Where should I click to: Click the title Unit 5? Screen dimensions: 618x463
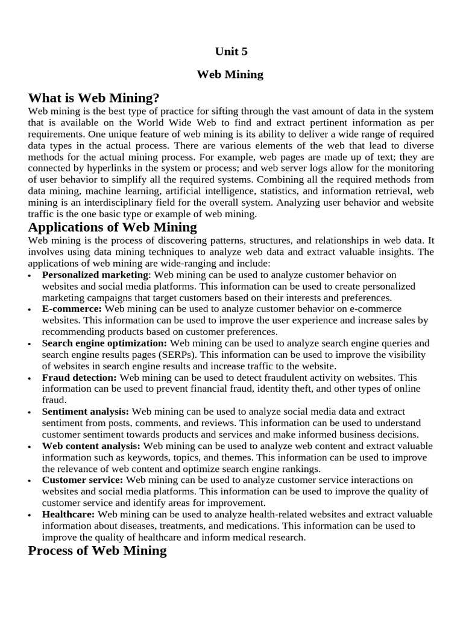[x=231, y=52]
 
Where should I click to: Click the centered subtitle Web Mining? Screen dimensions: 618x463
[x=231, y=75]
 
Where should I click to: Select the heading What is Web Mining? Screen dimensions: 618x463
[x=93, y=98]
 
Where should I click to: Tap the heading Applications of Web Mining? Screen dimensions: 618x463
[x=112, y=228]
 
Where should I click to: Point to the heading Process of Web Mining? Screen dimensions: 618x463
[x=97, y=550]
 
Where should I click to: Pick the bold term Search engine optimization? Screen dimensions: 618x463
[x=104, y=343]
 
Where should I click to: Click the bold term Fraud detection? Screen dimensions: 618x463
[x=79, y=378]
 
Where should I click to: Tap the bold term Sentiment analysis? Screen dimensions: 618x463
[x=85, y=412]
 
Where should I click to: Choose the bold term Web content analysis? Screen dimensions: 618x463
[x=91, y=446]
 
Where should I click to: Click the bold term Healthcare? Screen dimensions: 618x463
[x=68, y=514]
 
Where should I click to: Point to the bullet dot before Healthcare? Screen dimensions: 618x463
[x=31, y=515]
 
